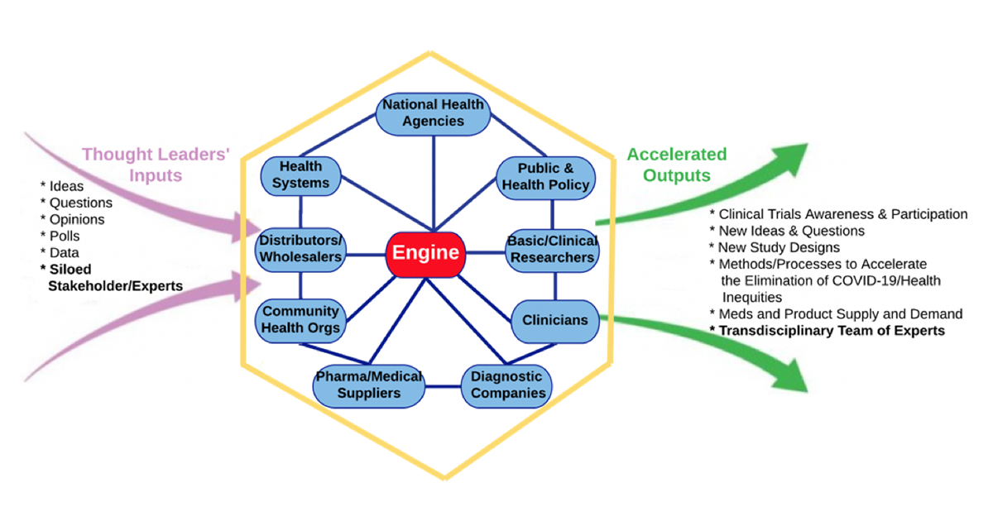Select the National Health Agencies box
click(x=433, y=114)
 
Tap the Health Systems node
click(x=300, y=176)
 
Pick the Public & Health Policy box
click(x=545, y=178)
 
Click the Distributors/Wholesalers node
click(x=300, y=250)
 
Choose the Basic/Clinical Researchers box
click(x=553, y=251)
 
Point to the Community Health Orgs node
click(x=300, y=321)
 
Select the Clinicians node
click(x=555, y=321)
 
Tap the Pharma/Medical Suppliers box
click(x=369, y=386)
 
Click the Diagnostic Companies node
click(x=506, y=386)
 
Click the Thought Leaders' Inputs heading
click(x=156, y=165)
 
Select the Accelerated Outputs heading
click(x=677, y=165)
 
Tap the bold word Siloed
click(x=70, y=270)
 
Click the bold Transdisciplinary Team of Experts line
click(x=827, y=331)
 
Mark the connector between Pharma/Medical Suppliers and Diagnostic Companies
click(x=444, y=386)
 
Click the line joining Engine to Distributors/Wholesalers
click(x=366, y=255)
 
